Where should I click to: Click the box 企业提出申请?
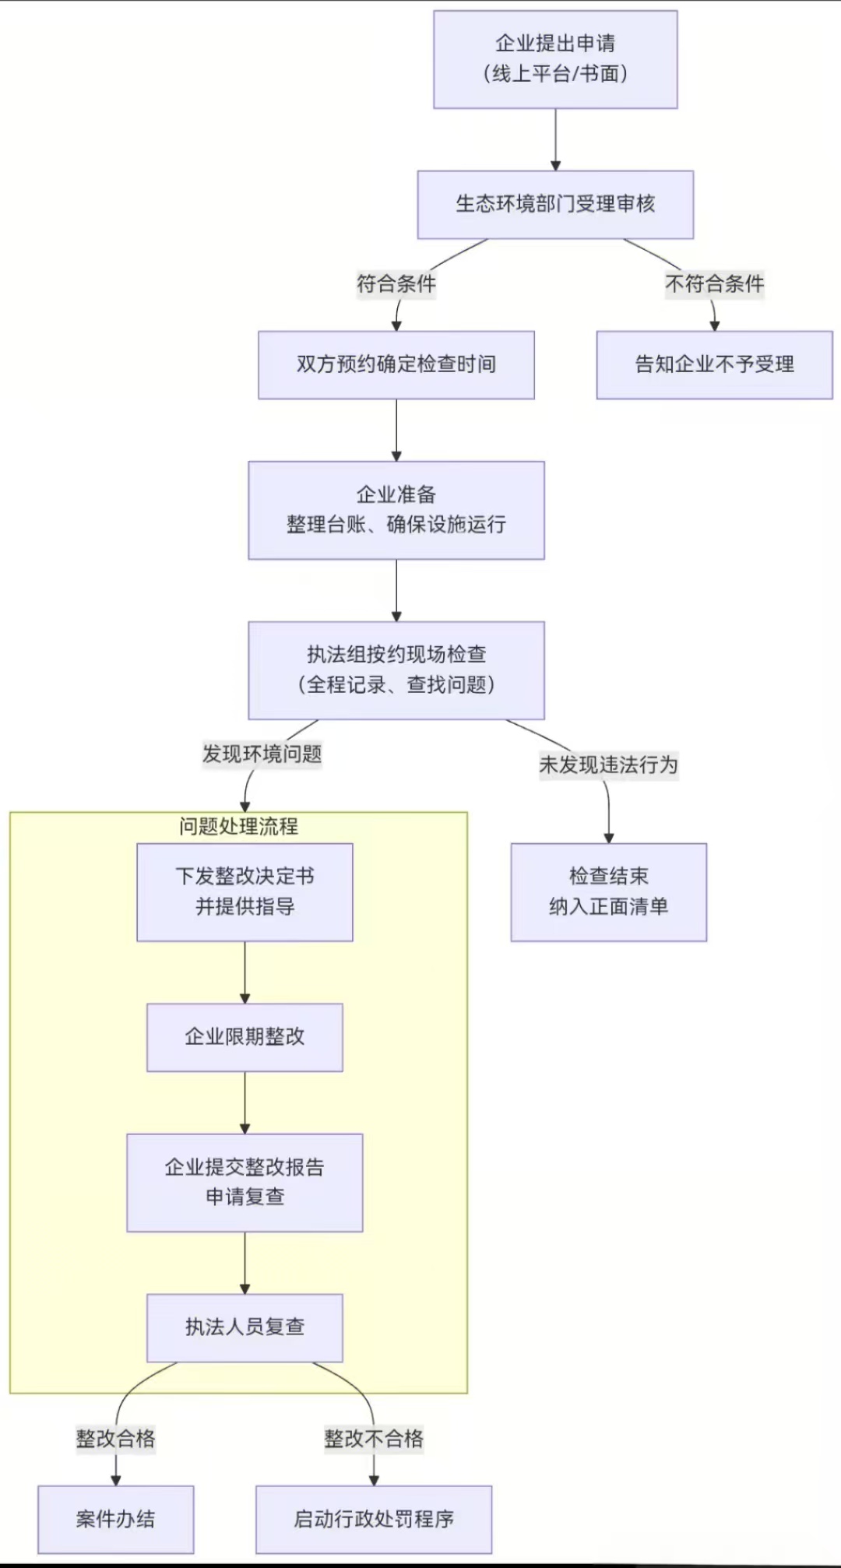coord(555,59)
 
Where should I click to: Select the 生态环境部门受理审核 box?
coord(555,204)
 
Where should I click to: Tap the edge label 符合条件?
coord(396,284)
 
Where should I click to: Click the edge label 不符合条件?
coord(714,284)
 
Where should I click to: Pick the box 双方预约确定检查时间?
coord(396,364)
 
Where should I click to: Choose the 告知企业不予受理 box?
coord(714,364)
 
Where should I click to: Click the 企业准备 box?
coord(396,510)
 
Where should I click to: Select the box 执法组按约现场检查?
coord(396,670)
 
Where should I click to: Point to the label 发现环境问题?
coord(262,754)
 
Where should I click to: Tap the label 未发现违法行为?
coord(608,765)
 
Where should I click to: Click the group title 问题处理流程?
coord(238,826)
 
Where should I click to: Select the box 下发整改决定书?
coord(245,891)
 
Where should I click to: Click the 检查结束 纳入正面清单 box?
coord(608,891)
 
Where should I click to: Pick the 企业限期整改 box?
coord(245,1037)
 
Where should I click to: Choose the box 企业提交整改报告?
coord(245,1182)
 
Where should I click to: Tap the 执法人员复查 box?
coord(245,1327)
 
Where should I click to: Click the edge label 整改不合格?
coord(374,1438)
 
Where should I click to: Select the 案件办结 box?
coord(115,1519)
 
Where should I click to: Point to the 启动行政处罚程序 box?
coord(374,1519)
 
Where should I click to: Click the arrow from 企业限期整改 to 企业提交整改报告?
coord(245,1102)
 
